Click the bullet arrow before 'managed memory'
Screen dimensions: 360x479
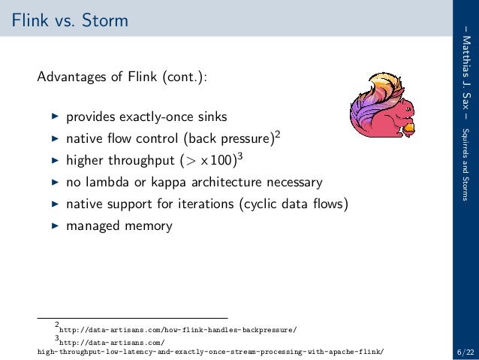[53, 225]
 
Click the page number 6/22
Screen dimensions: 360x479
[463, 350]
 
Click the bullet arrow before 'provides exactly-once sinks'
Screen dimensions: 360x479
[53, 117]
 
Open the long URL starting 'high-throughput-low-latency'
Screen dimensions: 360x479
[214, 351]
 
